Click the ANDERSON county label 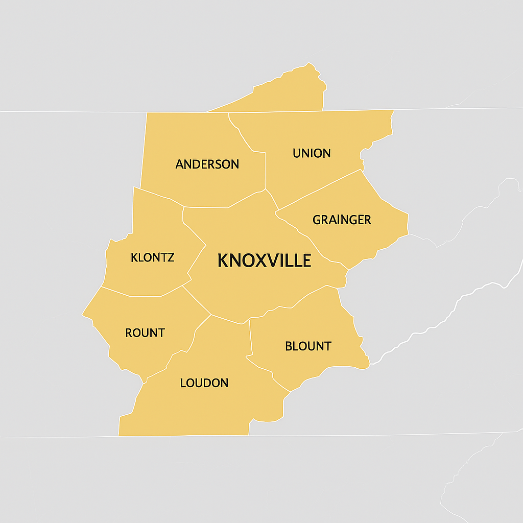click(207, 164)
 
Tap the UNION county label click(312, 153)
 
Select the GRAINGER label click(342, 220)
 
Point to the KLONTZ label click(152, 257)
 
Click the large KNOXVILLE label click(264, 261)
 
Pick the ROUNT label click(145, 333)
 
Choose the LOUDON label click(204, 383)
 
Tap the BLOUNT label click(308, 346)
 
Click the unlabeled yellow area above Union click(291, 92)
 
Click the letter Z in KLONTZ click(171, 257)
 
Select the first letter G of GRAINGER click(317, 220)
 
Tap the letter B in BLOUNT click(289, 346)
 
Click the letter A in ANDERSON click(179, 164)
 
